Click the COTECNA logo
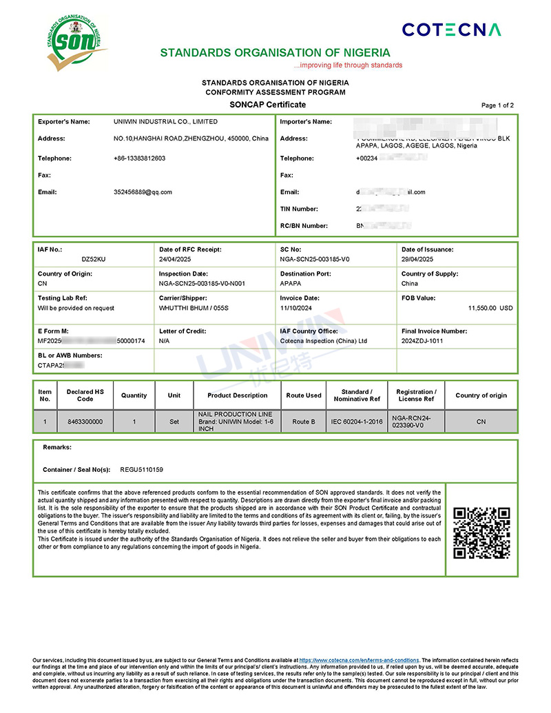(x=451, y=29)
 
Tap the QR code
(x=481, y=533)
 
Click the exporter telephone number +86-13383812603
(x=139, y=158)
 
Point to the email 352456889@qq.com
(x=143, y=192)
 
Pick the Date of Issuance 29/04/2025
(x=417, y=260)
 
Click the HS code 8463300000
(x=85, y=422)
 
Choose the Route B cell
(x=304, y=422)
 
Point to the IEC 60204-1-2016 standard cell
(x=356, y=422)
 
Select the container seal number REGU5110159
(x=141, y=470)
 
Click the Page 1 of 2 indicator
(x=497, y=105)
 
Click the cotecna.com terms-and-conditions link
(x=360, y=660)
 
